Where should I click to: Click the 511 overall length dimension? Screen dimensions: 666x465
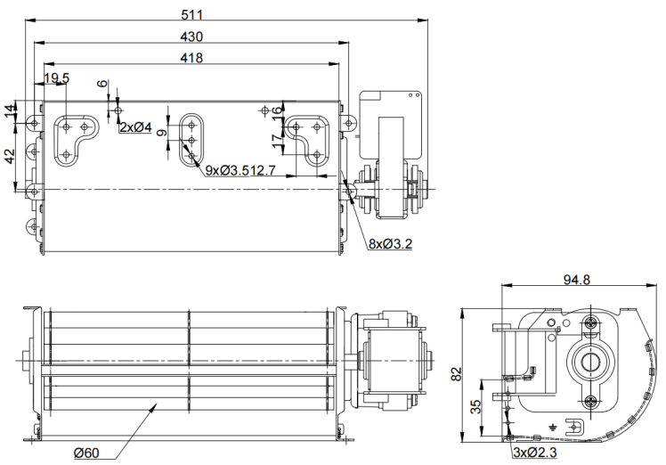(x=192, y=15)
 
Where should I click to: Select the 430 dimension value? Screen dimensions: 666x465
(x=191, y=37)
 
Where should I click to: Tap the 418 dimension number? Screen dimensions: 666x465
(x=191, y=58)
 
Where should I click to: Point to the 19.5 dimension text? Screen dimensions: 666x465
(x=56, y=77)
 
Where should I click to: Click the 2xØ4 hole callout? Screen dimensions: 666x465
(x=135, y=126)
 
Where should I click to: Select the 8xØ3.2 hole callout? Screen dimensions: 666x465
(x=390, y=243)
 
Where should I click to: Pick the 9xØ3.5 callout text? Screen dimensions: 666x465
(x=224, y=170)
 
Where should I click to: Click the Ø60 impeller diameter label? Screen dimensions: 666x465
(x=86, y=453)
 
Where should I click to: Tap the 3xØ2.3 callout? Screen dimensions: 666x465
(x=535, y=453)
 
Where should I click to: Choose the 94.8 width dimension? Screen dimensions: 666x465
(x=576, y=280)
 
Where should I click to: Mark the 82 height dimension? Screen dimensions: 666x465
(x=456, y=374)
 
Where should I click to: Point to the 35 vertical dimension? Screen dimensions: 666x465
(x=476, y=407)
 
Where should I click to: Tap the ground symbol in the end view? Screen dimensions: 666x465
(x=553, y=427)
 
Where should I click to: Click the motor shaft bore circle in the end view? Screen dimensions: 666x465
(x=589, y=362)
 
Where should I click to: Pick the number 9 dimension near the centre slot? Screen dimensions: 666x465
(x=161, y=133)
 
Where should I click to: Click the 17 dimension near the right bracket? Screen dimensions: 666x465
(x=278, y=141)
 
